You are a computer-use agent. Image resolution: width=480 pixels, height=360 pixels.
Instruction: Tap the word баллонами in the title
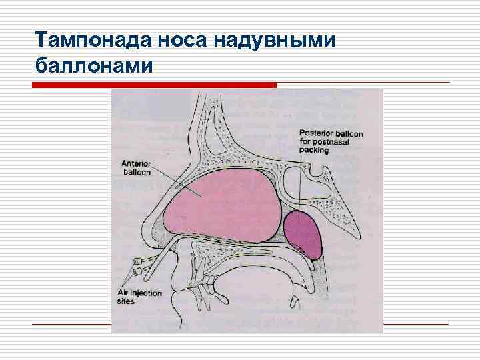point(93,66)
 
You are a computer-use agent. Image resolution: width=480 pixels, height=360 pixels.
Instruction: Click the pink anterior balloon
point(220,200)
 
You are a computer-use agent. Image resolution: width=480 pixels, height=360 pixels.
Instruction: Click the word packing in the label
point(314,151)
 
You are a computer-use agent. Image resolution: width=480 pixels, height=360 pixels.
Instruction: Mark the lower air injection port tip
point(136,271)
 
